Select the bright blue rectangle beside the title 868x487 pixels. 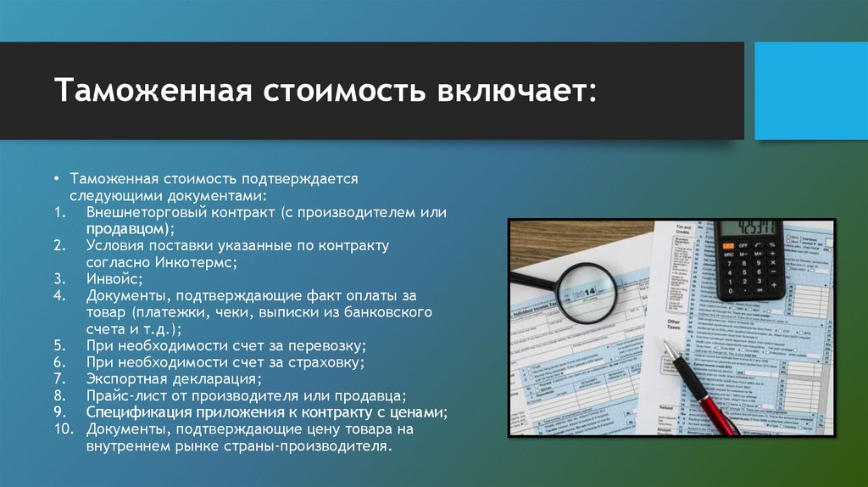point(810,91)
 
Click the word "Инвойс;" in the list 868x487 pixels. point(114,278)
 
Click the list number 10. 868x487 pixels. point(64,429)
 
